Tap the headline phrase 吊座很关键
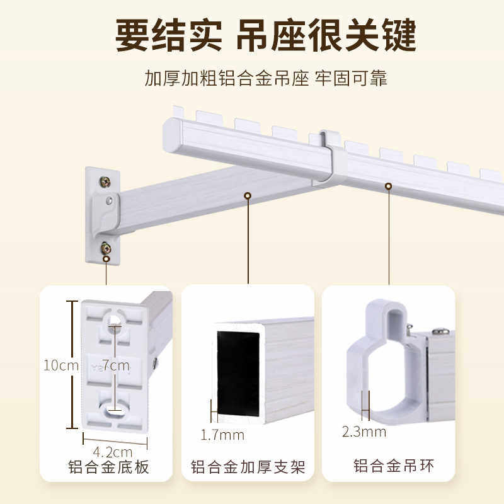coord(326,36)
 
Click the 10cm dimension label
coord(57,365)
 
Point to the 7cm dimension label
coord(116,365)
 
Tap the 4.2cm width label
coord(113,452)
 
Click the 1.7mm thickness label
coord(222,434)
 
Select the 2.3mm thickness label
coord(364,432)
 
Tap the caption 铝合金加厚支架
coord(248,467)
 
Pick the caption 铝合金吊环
coord(394,467)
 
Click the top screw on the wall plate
coord(105,182)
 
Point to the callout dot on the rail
coord(388,186)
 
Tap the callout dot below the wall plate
coord(106,258)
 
